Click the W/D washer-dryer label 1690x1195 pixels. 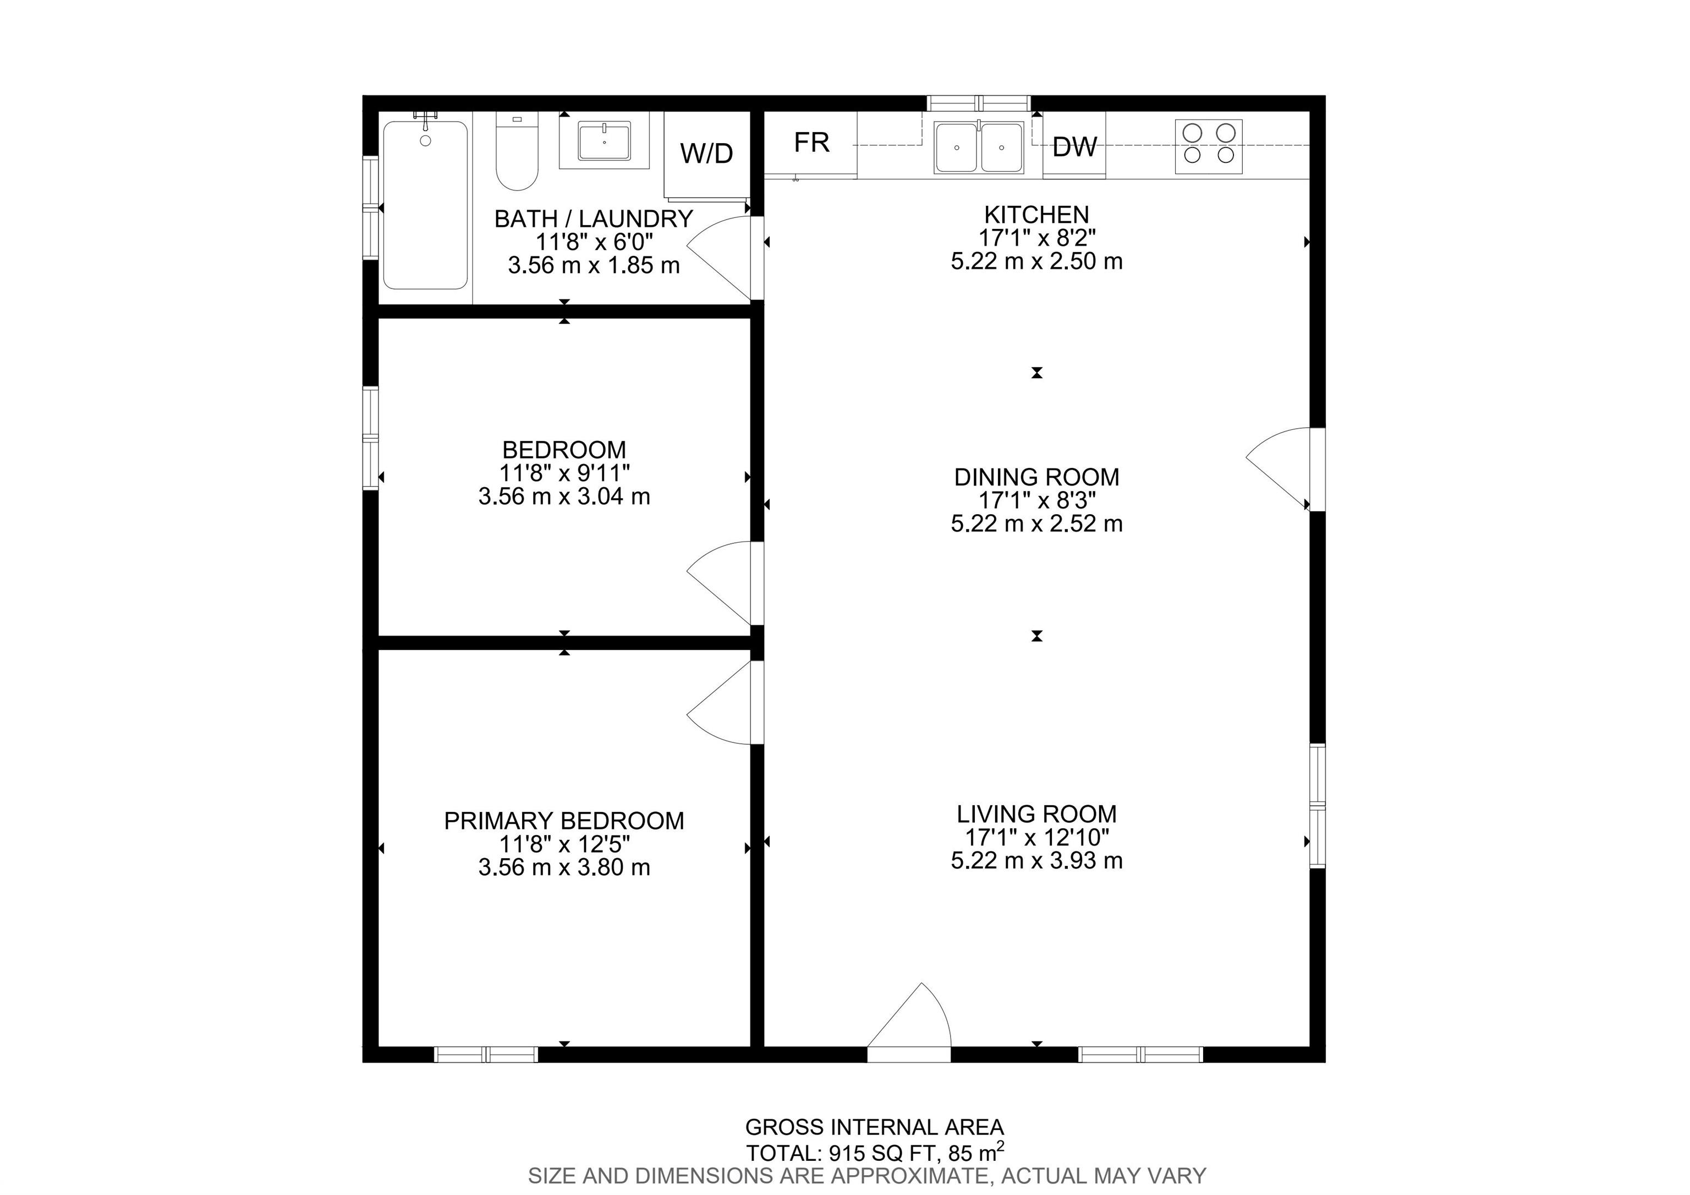coord(706,153)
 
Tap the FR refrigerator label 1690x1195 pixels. coord(812,142)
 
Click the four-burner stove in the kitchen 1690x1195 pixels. coord(1208,146)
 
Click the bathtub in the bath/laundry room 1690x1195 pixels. coord(425,205)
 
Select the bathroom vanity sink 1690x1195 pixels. coord(603,141)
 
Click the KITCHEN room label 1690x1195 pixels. coord(1036,215)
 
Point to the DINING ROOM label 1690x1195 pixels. coord(1036,477)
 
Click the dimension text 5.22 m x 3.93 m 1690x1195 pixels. coord(1036,860)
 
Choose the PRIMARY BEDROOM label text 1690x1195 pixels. coord(564,820)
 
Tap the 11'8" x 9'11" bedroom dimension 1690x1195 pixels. coord(564,473)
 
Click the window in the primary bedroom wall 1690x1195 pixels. coord(486,1055)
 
